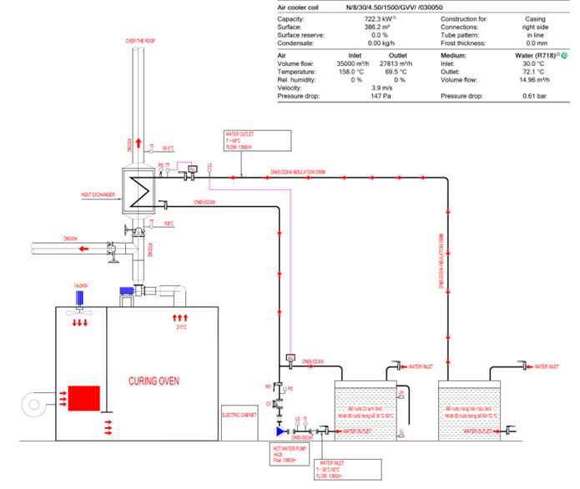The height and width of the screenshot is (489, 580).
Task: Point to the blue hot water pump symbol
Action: click(x=280, y=431)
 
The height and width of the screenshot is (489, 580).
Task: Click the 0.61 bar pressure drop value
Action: click(x=534, y=96)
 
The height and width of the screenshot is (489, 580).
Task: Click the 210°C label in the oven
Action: click(x=180, y=327)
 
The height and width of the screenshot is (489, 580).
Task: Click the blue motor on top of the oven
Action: click(x=126, y=290)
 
